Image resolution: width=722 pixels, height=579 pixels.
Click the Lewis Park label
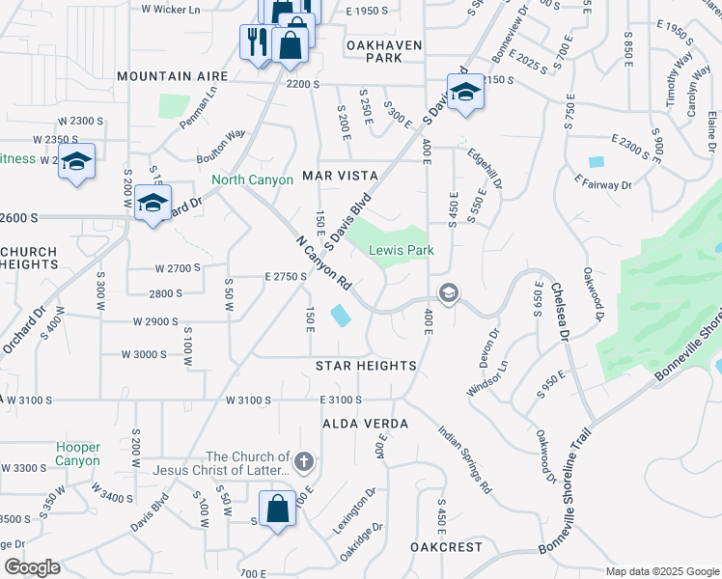401,250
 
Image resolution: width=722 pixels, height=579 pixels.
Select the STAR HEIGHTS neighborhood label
366,366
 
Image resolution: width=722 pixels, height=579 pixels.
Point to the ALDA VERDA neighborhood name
366,424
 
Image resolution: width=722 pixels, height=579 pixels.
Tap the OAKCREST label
445,546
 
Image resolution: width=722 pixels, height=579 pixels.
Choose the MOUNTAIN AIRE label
172,75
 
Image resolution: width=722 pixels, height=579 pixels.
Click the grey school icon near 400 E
448,291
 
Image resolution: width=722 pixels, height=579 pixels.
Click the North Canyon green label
253,180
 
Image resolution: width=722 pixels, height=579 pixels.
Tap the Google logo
32,566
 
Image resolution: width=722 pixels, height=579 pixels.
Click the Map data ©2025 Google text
661,571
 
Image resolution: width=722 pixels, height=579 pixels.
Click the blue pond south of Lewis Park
342,316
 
